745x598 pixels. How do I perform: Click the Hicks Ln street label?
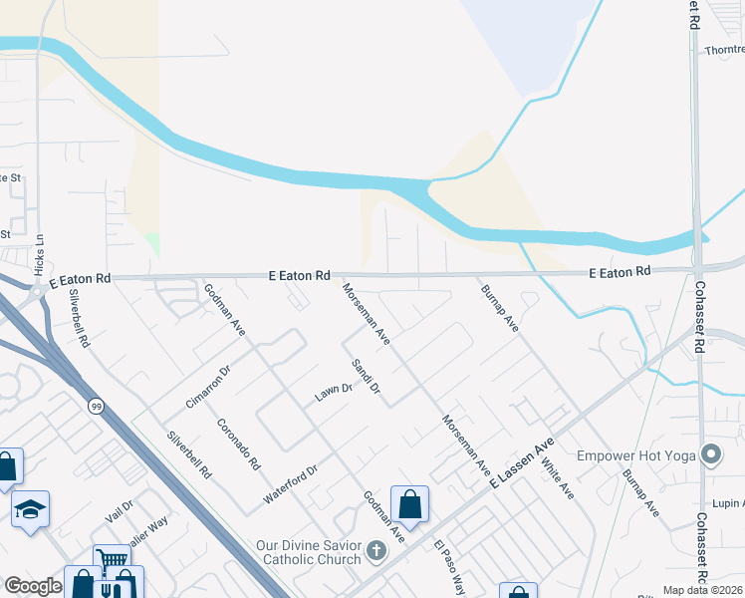coord(39,254)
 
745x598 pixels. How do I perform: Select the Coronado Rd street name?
coord(238,443)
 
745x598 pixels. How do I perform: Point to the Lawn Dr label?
coord(334,393)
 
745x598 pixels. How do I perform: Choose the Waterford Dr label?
coord(290,482)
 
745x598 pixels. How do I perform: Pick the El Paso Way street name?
coord(449,567)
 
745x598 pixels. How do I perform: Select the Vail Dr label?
coord(119,511)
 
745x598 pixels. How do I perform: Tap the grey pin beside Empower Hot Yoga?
coord(711,455)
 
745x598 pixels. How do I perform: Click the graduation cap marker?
coord(30,509)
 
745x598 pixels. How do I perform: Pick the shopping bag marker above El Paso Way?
coord(409,504)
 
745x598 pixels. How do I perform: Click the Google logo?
coord(32,586)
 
